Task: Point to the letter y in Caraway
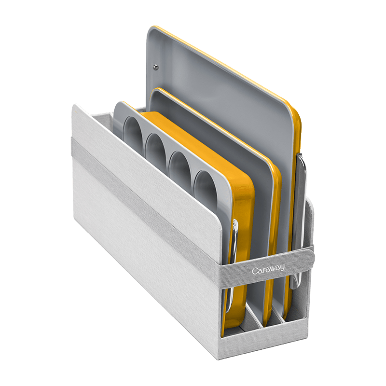[282, 267]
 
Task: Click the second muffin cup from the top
[155, 149]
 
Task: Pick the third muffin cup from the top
[179, 168]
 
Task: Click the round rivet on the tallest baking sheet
[155, 67]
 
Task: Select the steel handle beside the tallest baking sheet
[299, 221]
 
